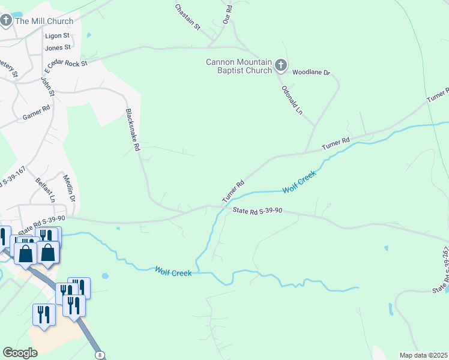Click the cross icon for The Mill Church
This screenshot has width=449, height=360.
pyautogui.click(x=6, y=22)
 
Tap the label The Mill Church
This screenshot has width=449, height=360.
pyautogui.click(x=44, y=22)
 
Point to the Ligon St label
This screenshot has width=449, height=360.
pyautogui.click(x=58, y=36)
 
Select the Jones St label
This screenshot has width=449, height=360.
pyautogui.click(x=58, y=47)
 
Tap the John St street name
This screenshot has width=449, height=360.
pyautogui.click(x=47, y=85)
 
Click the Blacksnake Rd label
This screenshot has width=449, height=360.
pyautogui.click(x=133, y=130)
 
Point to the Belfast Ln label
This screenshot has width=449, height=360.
pyautogui.click(x=45, y=190)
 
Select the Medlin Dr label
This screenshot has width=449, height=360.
pyautogui.click(x=70, y=188)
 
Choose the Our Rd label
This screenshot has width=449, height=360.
pyautogui.click(x=228, y=13)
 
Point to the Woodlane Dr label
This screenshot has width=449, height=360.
pyautogui.click(x=311, y=73)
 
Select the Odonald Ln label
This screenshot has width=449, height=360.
pyautogui.click(x=291, y=100)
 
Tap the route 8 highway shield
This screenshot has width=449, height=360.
pyautogui.click(x=99, y=355)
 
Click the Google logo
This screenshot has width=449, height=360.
pyautogui.click(x=20, y=353)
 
